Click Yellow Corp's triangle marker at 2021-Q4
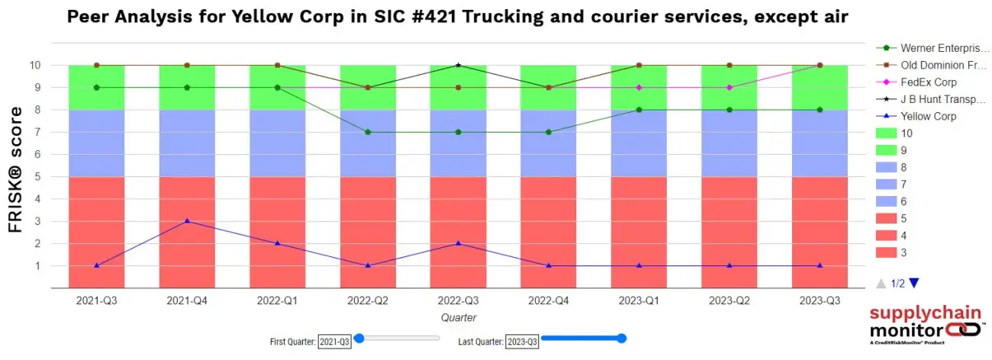pyautogui.click(x=187, y=221)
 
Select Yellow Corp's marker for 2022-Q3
pyautogui.click(x=458, y=243)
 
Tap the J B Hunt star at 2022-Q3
pyautogui.click(x=458, y=65)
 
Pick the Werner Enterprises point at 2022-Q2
pyautogui.click(x=368, y=132)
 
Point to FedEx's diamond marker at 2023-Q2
pyautogui.click(x=730, y=88)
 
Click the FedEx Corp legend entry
pyautogui.click(x=928, y=82)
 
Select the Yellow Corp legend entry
pyautogui.click(x=928, y=117)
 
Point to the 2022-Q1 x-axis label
pyautogui.click(x=278, y=301)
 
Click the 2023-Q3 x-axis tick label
pyautogui.click(x=820, y=301)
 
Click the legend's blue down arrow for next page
pyautogui.click(x=914, y=283)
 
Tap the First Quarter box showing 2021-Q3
pyautogui.click(x=334, y=342)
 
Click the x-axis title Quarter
pyautogui.click(x=458, y=317)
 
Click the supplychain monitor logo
pyautogui.click(x=924, y=325)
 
